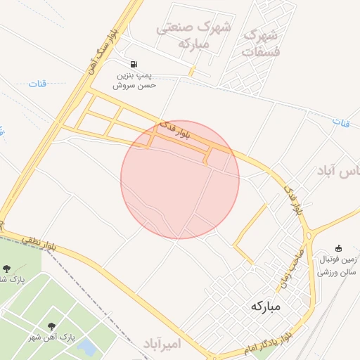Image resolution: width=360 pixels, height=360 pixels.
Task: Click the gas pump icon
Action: (134, 63)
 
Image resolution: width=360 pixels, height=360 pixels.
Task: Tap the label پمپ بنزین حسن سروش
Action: (134, 79)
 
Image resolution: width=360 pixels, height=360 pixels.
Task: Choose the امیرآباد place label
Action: (162, 344)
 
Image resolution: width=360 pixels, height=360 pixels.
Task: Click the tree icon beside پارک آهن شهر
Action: (52, 326)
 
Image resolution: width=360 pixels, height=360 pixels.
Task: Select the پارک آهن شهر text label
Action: (52, 338)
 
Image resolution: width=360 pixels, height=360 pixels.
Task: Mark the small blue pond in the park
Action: (87, 347)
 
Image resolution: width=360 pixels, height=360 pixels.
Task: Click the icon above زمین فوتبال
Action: (339, 247)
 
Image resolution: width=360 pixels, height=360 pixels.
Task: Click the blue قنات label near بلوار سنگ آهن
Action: (37, 84)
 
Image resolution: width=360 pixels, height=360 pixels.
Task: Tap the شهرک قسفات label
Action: (260, 42)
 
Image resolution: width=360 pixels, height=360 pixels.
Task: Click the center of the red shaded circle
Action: (180, 179)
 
